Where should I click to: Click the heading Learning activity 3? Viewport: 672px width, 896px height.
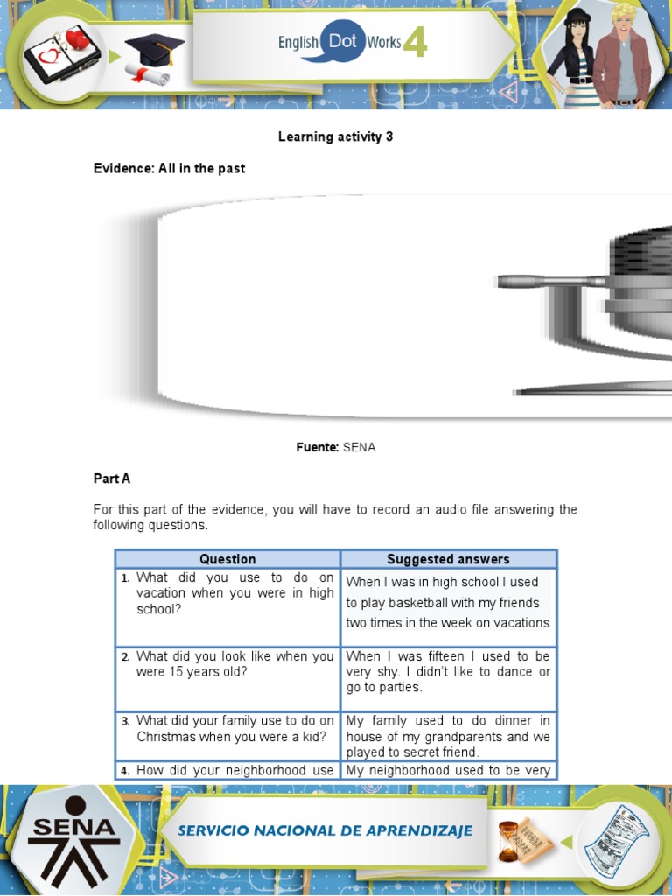click(x=335, y=136)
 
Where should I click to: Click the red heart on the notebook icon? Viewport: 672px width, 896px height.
click(x=77, y=38)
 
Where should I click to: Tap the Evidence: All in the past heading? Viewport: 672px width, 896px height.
click(x=169, y=168)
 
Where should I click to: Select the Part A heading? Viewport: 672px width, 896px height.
click(x=112, y=479)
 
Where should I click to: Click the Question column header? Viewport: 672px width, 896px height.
click(x=227, y=559)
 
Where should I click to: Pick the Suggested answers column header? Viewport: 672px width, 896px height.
click(x=448, y=559)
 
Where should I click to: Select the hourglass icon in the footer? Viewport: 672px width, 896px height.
click(x=509, y=838)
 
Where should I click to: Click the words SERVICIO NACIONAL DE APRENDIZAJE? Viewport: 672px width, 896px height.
click(x=325, y=830)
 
